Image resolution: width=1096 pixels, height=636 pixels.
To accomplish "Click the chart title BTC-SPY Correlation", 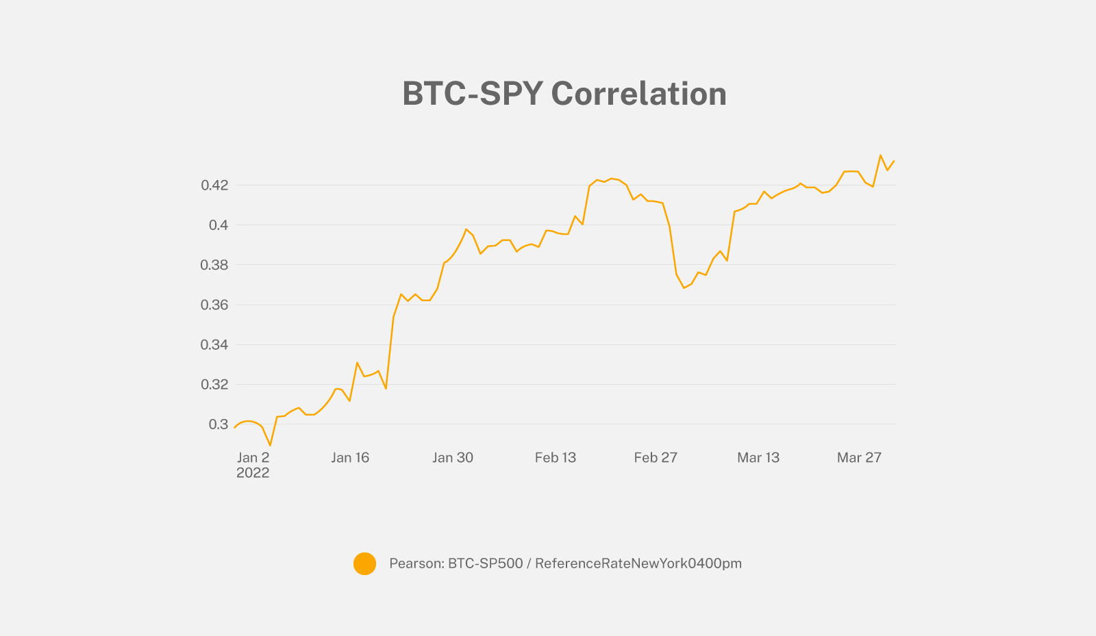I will point(564,94).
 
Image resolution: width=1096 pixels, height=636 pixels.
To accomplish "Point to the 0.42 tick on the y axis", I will point(214,185).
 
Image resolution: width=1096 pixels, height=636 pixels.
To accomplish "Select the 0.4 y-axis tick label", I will point(219,225).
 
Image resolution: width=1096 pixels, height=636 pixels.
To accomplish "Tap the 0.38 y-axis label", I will point(214,265).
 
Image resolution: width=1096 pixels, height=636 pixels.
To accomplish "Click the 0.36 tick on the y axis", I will point(214,305).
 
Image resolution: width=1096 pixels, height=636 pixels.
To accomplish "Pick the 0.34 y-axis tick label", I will point(214,344).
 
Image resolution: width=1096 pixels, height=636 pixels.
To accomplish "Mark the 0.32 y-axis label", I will point(214,385).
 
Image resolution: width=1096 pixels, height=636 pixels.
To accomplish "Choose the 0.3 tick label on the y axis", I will point(219,424).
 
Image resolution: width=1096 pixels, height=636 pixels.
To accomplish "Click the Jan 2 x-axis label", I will point(253,457).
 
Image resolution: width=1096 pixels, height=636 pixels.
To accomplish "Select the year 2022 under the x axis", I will point(253,473).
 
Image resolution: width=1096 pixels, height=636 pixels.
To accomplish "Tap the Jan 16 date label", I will point(350,457).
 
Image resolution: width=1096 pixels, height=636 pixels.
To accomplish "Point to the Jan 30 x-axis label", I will point(453,457).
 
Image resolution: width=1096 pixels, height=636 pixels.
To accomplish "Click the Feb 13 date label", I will point(556,457).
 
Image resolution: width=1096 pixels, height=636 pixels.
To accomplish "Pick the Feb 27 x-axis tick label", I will point(656,457).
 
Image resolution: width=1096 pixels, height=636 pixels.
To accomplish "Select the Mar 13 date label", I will point(758,457).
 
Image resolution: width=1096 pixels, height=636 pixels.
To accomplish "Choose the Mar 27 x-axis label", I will point(859,457).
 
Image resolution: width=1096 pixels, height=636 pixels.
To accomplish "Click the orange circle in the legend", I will point(364,563).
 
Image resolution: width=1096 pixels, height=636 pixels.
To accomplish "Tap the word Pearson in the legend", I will point(416,563).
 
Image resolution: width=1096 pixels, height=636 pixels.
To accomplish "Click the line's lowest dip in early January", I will point(270,445).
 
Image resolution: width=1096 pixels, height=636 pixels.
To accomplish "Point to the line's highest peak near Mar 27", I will point(880,155).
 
